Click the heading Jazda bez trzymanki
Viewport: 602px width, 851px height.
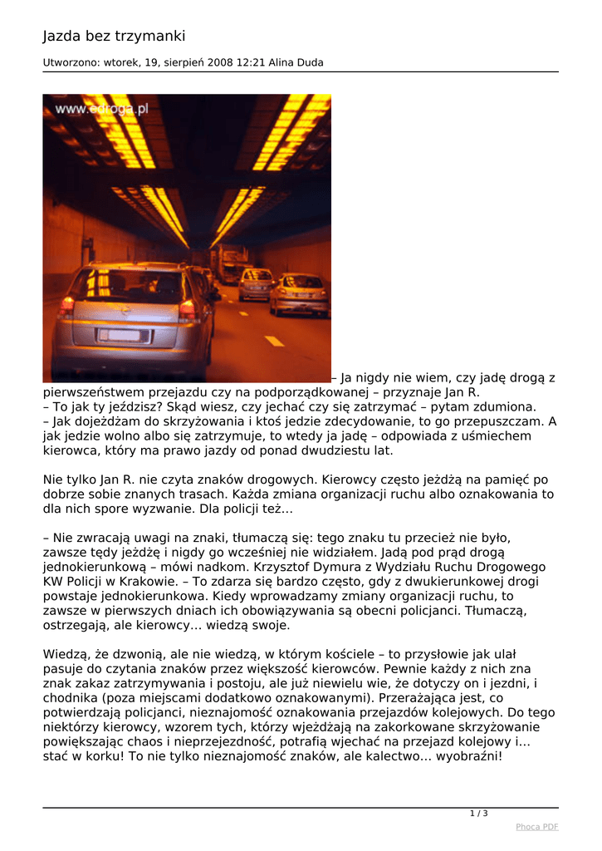[115, 37]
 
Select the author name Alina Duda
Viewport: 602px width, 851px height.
[296, 62]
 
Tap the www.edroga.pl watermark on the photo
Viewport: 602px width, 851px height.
[102, 109]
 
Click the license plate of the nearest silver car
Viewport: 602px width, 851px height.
[124, 335]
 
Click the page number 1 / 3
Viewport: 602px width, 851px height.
[479, 813]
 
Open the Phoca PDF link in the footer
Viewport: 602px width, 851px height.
[536, 827]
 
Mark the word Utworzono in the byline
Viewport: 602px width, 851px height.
[71, 62]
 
